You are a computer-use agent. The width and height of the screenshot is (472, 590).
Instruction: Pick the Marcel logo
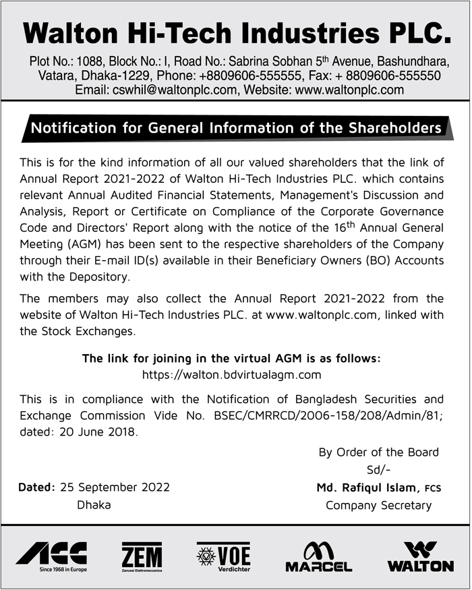[318, 556]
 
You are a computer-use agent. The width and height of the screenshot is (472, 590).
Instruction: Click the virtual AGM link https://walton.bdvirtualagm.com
[231, 374]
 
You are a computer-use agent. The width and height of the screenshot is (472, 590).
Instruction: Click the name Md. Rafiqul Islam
[365, 488]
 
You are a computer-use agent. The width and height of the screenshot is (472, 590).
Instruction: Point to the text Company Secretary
[378, 505]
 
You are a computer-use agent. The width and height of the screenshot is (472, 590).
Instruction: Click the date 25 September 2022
[115, 487]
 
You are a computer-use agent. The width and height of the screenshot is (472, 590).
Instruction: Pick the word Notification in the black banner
[74, 128]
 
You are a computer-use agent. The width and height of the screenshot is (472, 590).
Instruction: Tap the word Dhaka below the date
[94, 504]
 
